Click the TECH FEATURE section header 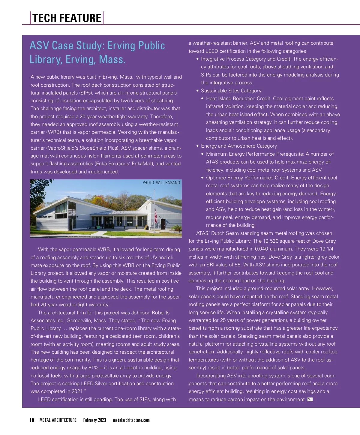pos(67,18)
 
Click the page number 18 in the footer pos(32,420)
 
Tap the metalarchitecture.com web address pos(131,420)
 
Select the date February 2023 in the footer pos(94,420)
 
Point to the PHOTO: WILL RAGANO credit pos(161,183)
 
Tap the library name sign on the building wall pos(45,217)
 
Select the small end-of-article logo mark pos(310,399)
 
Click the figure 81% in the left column pos(93,368)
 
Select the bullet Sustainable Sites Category pos(231,91)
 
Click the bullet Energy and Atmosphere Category pos(239,146)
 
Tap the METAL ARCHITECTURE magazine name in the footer pos(58,420)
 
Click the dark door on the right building pos(163,223)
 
